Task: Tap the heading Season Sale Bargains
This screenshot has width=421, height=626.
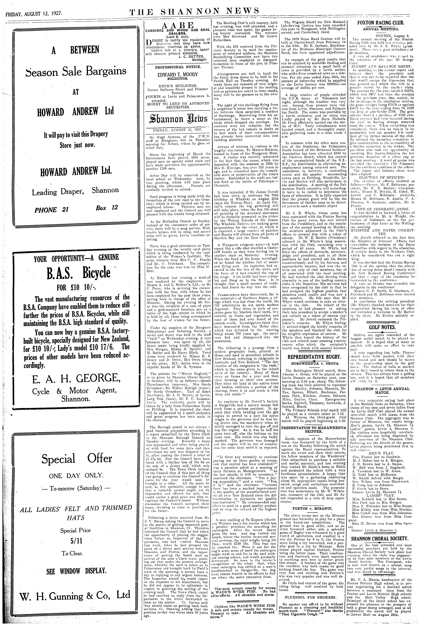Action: tap(76, 71)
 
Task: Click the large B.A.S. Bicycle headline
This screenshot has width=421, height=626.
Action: tap(76, 273)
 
